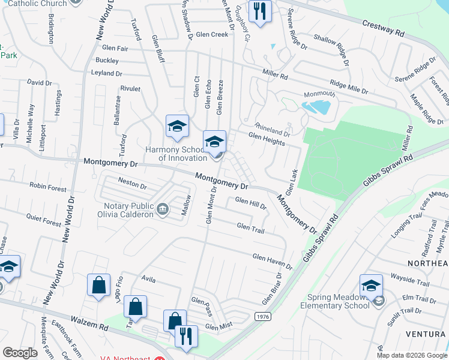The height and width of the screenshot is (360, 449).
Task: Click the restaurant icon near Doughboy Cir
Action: coord(259,12)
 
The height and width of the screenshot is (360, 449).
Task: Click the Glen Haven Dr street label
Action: coord(272,262)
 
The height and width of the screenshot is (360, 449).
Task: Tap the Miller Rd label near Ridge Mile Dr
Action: coord(275,76)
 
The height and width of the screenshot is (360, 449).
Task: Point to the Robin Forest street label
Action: coord(48,188)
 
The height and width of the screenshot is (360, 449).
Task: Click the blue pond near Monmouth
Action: coord(317,107)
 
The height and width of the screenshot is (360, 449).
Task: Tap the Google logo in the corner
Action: coord(20,353)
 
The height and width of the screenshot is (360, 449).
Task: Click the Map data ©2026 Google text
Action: coord(411,355)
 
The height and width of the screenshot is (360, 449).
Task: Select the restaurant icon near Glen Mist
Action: coord(186,337)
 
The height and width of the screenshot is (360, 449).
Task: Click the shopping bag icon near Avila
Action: coord(98,286)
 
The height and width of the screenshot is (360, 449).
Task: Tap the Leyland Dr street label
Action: coord(106,73)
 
